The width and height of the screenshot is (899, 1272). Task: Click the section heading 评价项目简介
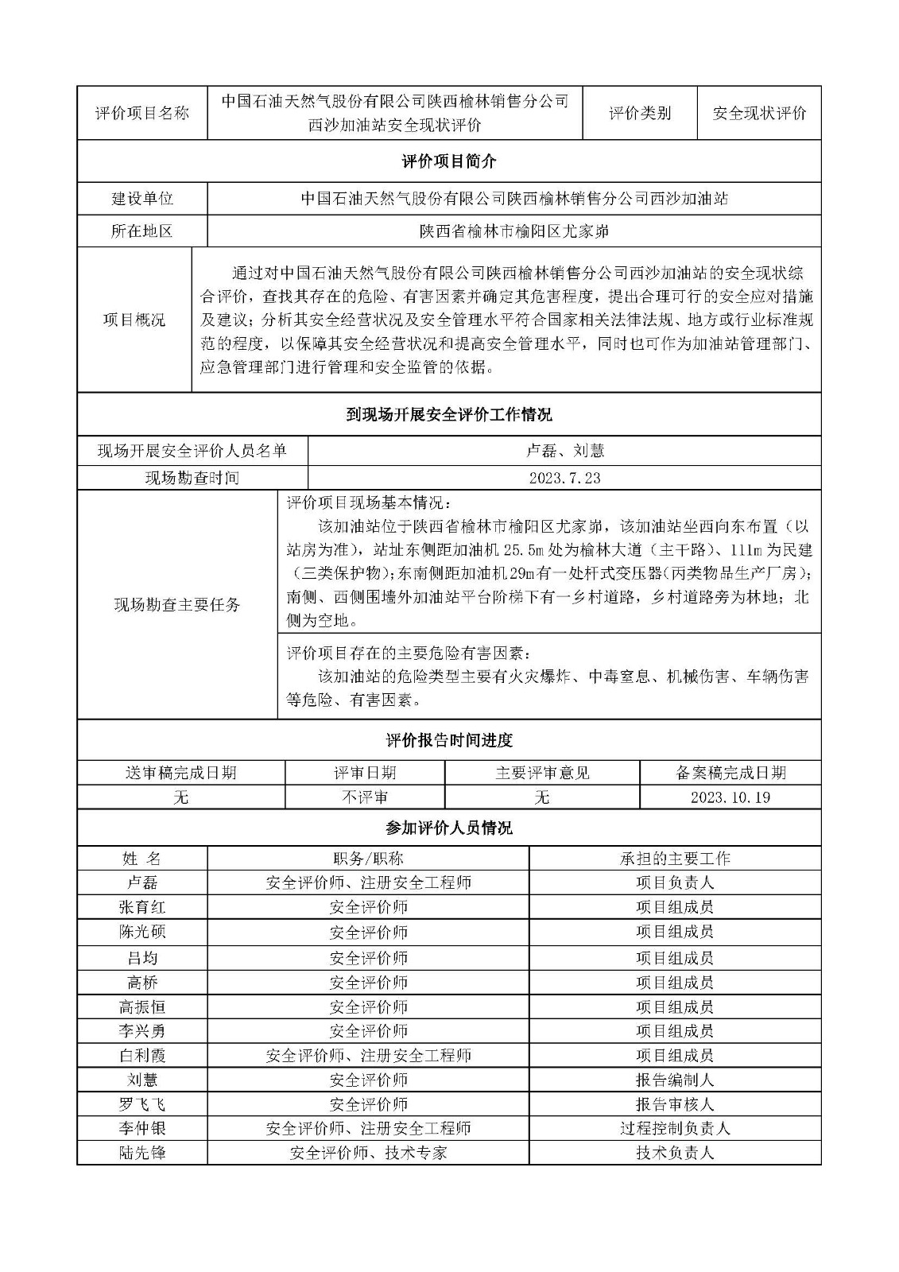[449, 161]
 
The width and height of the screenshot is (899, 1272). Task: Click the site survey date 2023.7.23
[564, 478]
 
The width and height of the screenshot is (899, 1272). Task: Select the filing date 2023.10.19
[730, 797]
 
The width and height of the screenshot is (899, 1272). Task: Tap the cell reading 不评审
[364, 797]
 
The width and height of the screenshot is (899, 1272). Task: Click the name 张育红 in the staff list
[142, 907]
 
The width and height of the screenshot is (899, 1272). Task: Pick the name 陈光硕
[142, 932]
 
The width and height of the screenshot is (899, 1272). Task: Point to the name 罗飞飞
[142, 1104]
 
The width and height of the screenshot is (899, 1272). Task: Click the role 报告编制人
[675, 1080]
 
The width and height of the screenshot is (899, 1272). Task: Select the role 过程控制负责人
[675, 1128]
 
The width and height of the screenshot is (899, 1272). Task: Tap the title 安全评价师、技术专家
[368, 1153]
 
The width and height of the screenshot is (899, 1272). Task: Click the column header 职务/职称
[368, 859]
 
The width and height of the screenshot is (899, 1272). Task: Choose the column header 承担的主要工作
[675, 859]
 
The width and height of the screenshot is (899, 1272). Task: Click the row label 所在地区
[142, 231]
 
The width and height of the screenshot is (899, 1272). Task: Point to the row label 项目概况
[134, 320]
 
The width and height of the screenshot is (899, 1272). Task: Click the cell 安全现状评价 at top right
[758, 113]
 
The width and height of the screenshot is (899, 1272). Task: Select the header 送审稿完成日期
[180, 773]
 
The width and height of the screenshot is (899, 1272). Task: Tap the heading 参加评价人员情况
[449, 828]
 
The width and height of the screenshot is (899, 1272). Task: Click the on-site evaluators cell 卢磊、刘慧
[564, 451]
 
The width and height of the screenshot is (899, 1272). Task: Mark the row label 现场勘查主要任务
[177, 605]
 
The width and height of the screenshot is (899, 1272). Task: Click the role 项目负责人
[675, 882]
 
